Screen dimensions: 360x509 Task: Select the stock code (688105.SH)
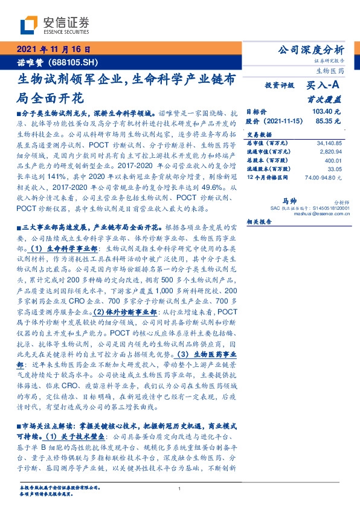[64, 61]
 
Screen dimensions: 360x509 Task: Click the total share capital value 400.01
[333, 160]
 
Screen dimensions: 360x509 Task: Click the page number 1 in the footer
[180, 488]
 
